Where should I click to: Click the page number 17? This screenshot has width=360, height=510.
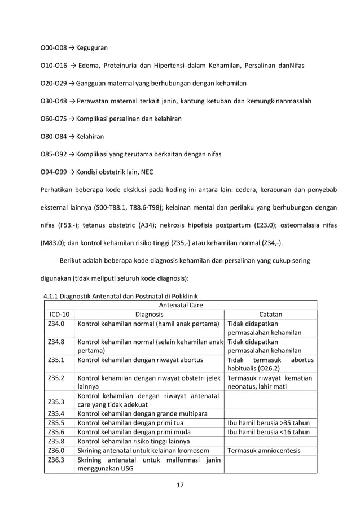tap(180, 485)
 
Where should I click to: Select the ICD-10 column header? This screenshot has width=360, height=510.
tap(58, 315)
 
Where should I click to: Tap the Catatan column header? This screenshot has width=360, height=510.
tap(270, 315)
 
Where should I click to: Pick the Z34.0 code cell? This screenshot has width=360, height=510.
tap(56, 324)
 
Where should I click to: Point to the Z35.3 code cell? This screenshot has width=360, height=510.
tap(56, 403)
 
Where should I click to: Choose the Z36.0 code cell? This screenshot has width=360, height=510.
tap(56, 450)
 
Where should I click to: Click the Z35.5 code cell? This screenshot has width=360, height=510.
tap(56, 422)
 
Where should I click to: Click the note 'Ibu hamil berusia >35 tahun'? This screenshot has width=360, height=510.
tap(269, 422)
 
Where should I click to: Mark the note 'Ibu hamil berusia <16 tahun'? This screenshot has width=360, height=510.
tap(269, 432)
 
